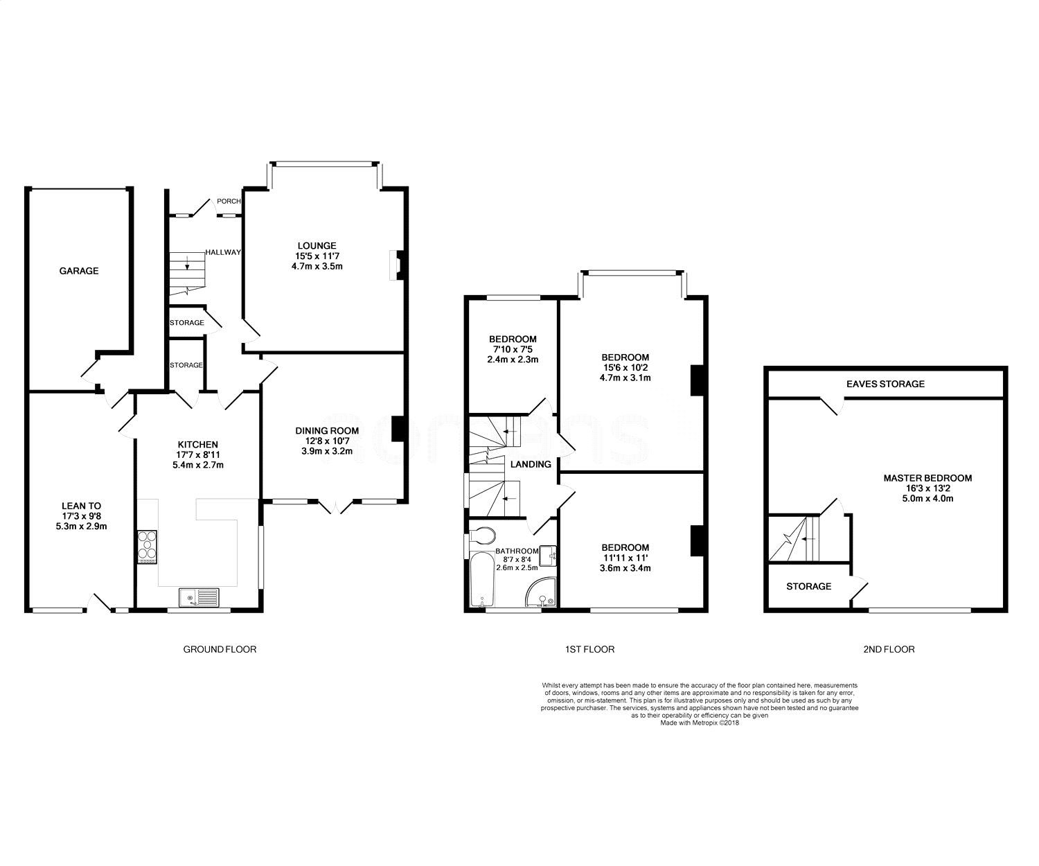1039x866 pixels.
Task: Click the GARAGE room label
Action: click(79, 271)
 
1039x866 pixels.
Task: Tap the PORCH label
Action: click(229, 201)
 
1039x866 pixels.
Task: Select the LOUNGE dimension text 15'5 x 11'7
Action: click(317, 256)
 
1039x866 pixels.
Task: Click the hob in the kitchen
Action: click(147, 547)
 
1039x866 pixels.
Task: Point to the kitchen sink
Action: click(199, 597)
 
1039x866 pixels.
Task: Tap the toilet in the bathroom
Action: click(482, 536)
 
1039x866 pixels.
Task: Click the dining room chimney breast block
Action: click(398, 429)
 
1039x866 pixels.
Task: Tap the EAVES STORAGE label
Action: click(885, 384)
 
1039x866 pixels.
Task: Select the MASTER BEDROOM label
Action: click(927, 478)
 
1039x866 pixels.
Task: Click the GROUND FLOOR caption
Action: click(220, 649)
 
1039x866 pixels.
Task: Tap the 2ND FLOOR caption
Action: click(889, 649)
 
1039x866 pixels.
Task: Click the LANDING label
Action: click(531, 464)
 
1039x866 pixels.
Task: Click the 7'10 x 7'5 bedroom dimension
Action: click(513, 349)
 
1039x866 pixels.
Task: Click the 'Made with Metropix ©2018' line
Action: click(699, 723)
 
